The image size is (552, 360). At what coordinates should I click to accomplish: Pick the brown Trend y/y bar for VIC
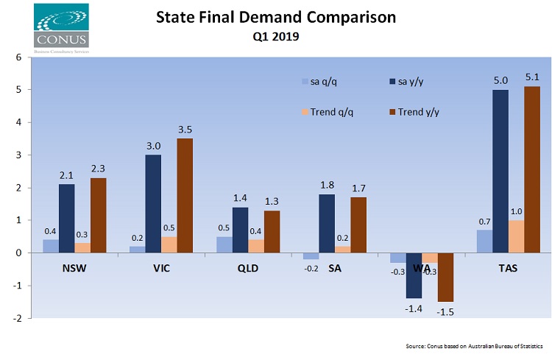click(x=185, y=195)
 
